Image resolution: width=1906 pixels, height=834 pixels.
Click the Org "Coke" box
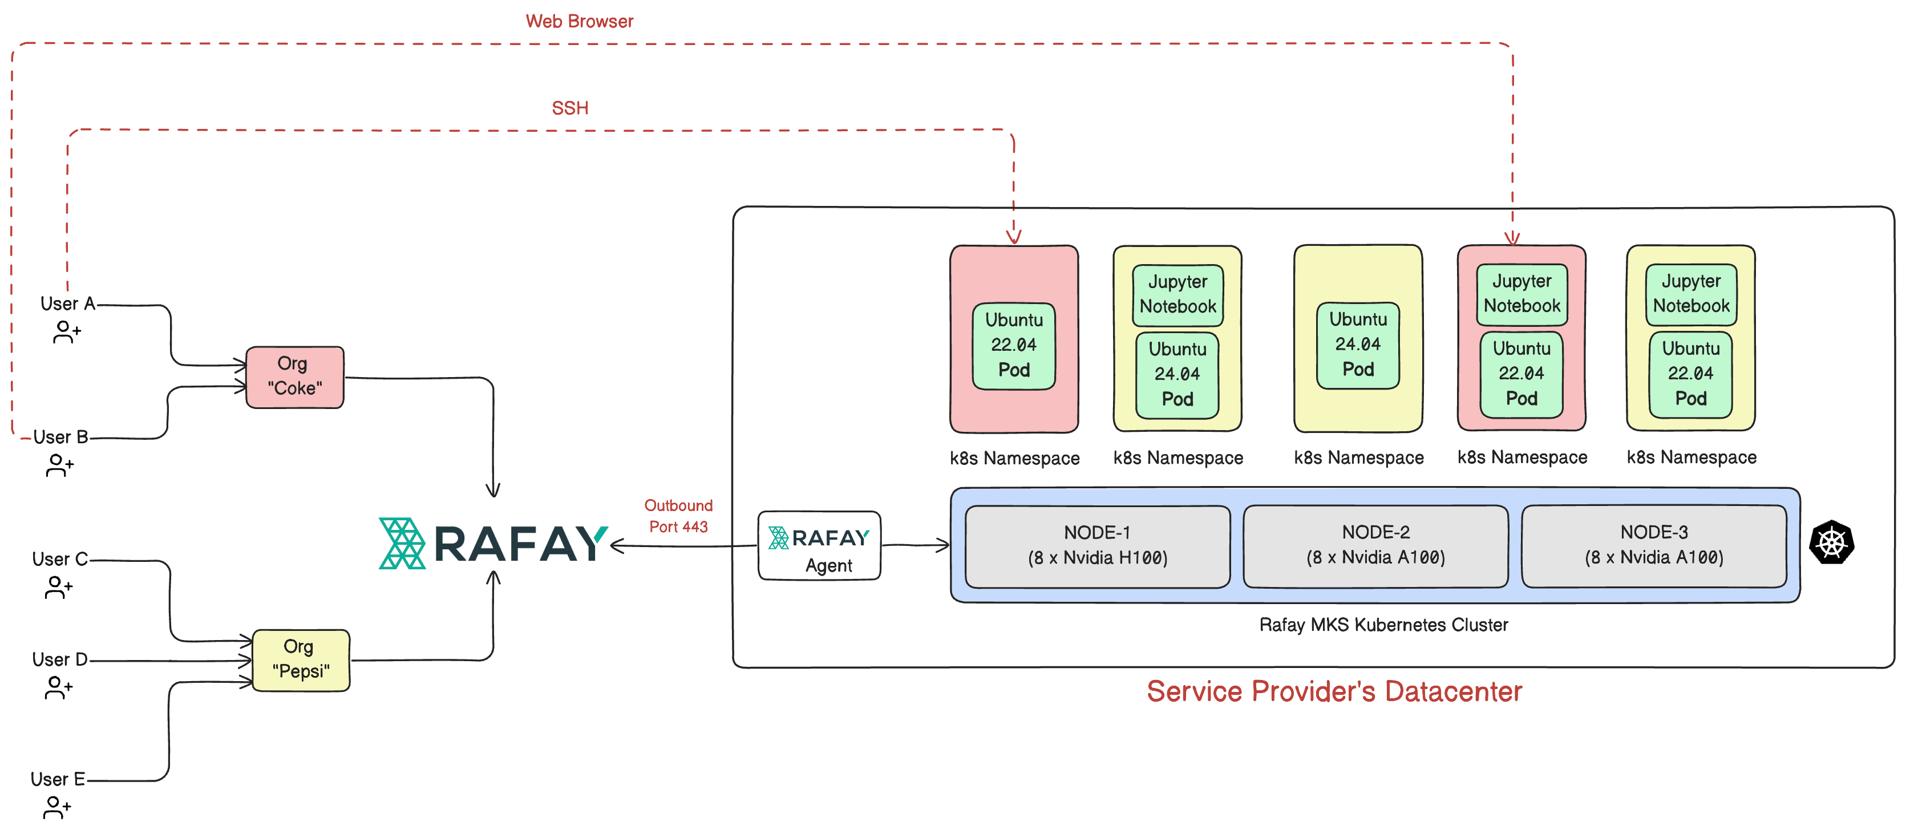pyautogui.click(x=294, y=376)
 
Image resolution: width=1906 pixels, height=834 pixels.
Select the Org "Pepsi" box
pyautogui.click(x=301, y=659)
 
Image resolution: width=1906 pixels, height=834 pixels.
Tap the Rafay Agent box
pyautogui.click(x=819, y=545)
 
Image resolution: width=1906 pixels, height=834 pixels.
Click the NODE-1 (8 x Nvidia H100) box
pyautogui.click(x=1097, y=545)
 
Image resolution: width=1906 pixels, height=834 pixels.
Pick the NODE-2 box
pyautogui.click(x=1375, y=545)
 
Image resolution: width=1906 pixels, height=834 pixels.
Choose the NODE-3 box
pyautogui.click(x=1654, y=545)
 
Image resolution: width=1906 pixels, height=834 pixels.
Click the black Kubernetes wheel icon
pyautogui.click(x=1831, y=543)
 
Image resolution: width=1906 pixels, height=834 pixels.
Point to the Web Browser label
pyautogui.click(x=580, y=22)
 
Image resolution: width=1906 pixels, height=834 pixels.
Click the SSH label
pyautogui.click(x=570, y=108)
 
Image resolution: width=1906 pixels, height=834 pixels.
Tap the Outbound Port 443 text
pyautogui.click(x=678, y=516)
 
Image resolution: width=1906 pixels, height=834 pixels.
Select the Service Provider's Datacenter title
pyautogui.click(x=1334, y=691)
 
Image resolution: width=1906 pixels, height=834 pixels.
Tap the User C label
pyautogui.click(x=60, y=560)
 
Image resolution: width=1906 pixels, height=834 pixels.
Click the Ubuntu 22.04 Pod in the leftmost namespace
pyautogui.click(x=1014, y=346)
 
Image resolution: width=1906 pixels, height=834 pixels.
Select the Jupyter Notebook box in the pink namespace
pyautogui.click(x=1521, y=294)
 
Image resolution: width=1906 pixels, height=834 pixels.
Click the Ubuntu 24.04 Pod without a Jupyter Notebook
pyautogui.click(x=1358, y=345)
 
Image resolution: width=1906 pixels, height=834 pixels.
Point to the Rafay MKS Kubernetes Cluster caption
pyautogui.click(x=1383, y=625)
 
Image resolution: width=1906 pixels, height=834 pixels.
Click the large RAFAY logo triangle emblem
pyautogui.click(x=402, y=543)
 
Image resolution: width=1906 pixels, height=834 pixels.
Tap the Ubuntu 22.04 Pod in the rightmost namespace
pyautogui.click(x=1691, y=374)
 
